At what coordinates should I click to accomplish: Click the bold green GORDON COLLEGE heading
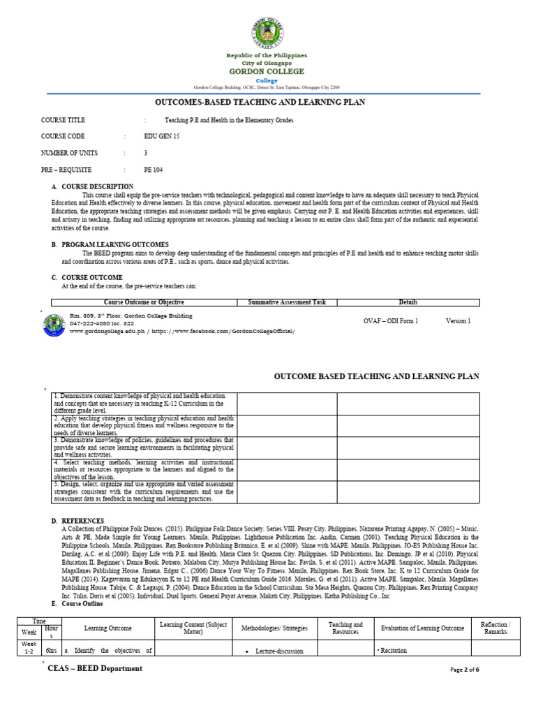(267, 71)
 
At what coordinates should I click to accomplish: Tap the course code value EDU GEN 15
(161, 136)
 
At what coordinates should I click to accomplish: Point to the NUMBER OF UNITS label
(70, 153)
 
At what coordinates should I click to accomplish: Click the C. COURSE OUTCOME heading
(87, 277)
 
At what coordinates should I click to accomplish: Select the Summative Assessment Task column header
(287, 302)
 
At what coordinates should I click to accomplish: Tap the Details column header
(408, 302)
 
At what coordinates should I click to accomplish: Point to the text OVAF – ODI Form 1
(391, 320)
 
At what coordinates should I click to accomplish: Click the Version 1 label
(459, 320)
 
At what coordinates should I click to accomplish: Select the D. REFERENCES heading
(77, 521)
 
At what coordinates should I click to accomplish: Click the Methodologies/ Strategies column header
(274, 628)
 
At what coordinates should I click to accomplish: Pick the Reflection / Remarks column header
(496, 628)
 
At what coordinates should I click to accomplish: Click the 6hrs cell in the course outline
(51, 650)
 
